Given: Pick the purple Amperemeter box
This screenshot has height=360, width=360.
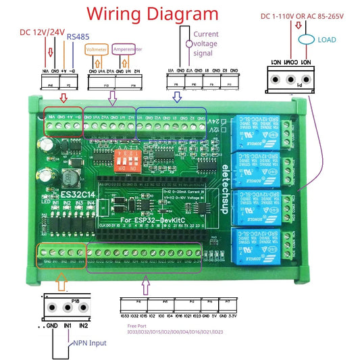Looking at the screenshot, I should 126,49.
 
